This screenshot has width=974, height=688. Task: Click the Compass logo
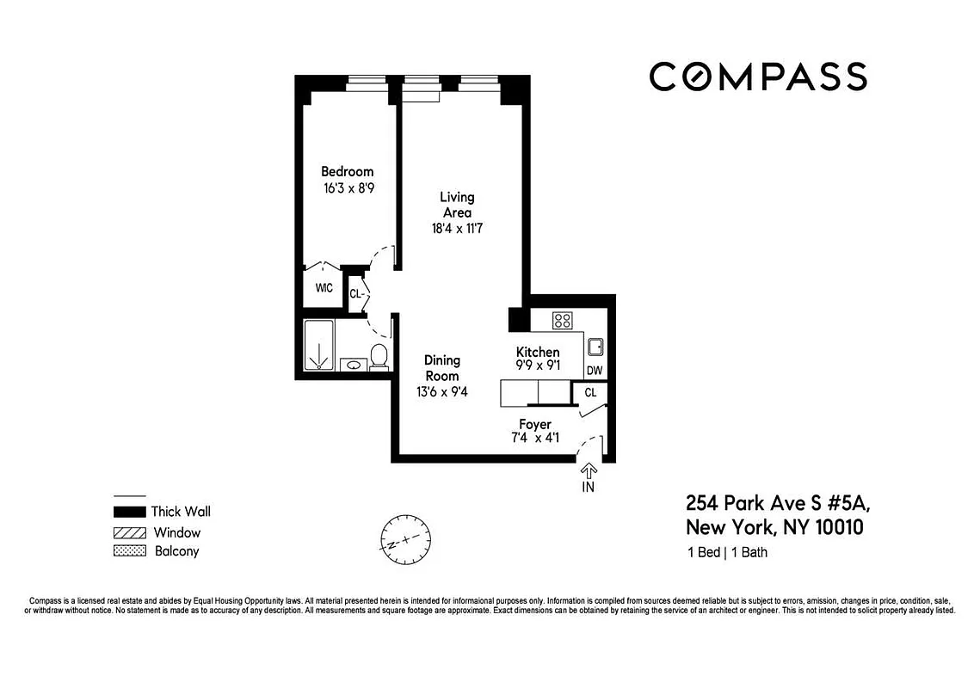[x=757, y=77]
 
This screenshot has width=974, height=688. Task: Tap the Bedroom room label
[x=348, y=171]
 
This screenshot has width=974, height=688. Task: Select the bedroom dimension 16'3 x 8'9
[x=348, y=188]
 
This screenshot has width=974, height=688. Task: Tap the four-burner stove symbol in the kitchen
[x=563, y=321]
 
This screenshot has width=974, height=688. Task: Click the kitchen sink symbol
[x=595, y=347]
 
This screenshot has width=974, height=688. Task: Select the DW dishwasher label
[x=594, y=371]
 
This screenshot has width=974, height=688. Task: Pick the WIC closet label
[x=324, y=288]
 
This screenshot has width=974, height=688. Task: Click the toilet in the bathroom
[x=378, y=355]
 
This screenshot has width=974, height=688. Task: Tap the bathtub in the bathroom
[x=318, y=345]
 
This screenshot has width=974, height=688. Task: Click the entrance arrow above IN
[x=589, y=470]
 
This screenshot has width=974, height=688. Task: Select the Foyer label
[x=535, y=424]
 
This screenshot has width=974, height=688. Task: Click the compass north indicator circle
[x=405, y=537]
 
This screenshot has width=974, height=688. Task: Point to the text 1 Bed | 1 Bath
[x=727, y=552]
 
